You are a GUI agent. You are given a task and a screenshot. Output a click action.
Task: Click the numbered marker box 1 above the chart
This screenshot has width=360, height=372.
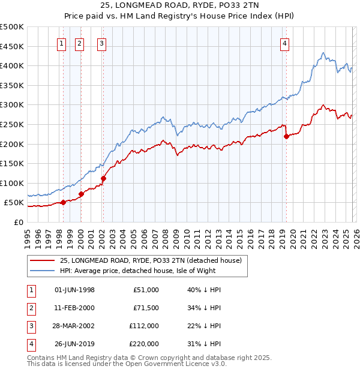pos(62,43)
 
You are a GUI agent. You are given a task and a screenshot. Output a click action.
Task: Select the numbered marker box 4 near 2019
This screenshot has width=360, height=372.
pos(284,43)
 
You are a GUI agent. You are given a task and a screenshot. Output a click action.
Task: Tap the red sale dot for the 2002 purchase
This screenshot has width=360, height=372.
pos(103,178)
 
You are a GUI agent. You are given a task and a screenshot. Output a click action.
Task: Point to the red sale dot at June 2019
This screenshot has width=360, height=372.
pos(286,136)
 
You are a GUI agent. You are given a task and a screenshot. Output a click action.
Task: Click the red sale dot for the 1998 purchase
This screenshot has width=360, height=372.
pos(63,202)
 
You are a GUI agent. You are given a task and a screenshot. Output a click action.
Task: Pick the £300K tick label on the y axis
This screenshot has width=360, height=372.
pos(12,104)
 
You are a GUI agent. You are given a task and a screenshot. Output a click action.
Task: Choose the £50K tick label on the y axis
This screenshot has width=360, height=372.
pos(13,203)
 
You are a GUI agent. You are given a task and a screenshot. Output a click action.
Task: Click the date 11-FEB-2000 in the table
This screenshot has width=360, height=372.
pos(74,308)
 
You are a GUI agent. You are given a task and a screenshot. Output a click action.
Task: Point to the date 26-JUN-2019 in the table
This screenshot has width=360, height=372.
pos(74,344)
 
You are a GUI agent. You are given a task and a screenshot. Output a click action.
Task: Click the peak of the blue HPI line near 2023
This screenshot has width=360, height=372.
pos(323,52)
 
